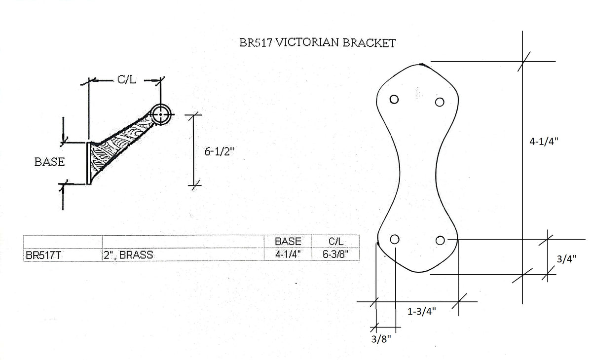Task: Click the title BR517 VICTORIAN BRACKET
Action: coord(316,43)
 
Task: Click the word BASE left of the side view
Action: coord(49,162)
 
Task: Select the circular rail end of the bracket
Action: coord(160,115)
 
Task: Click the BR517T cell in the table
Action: coord(41,254)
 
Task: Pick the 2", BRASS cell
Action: coord(128,254)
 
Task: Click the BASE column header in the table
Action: coord(288,242)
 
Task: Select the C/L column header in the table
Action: coord(335,242)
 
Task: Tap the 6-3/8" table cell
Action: coord(335,254)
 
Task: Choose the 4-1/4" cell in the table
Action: coord(288,254)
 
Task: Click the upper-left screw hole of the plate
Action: coord(394,99)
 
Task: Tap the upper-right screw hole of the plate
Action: coord(440,102)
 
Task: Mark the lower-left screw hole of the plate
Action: coord(395,239)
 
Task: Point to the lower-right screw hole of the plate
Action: coord(441,240)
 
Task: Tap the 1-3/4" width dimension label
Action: coord(422,311)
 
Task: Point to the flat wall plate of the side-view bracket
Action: coord(89,163)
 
